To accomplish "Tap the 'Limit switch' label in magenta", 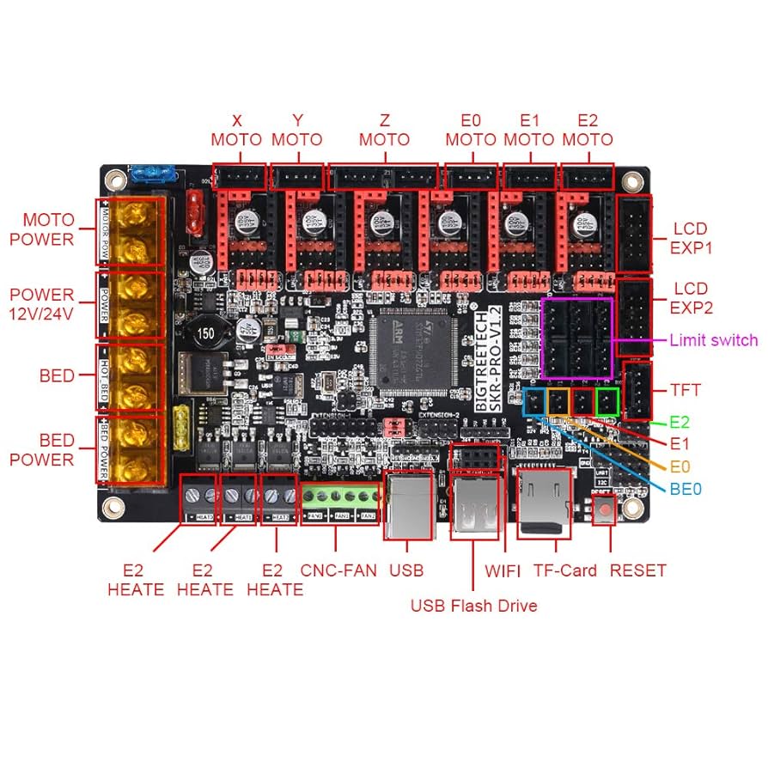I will coord(713,340).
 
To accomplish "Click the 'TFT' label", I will coord(686,390).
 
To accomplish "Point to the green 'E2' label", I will coord(681,423).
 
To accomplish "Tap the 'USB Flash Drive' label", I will coord(473,606).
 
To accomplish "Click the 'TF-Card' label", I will coord(564,570).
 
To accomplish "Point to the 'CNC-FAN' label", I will coord(338,570).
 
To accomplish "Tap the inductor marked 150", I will coord(206,333).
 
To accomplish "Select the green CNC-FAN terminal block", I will coord(339,498).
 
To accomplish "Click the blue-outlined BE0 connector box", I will coord(535,400).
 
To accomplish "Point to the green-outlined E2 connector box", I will coord(607,400).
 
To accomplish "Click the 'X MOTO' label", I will coord(237,130).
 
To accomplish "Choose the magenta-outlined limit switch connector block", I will coord(577,338).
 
